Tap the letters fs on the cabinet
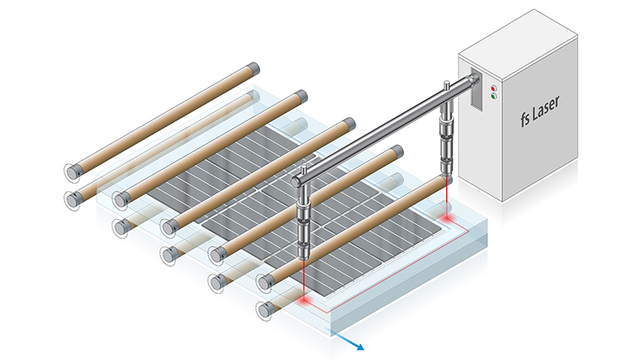pos(510,120)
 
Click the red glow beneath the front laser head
pos(306,299)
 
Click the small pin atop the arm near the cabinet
pos(445,84)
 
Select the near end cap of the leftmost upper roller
pos(73,172)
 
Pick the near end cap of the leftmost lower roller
pos(73,199)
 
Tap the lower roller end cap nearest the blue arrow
pos(264,309)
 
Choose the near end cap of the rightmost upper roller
pos(265,282)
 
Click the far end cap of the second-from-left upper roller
pos(301,95)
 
